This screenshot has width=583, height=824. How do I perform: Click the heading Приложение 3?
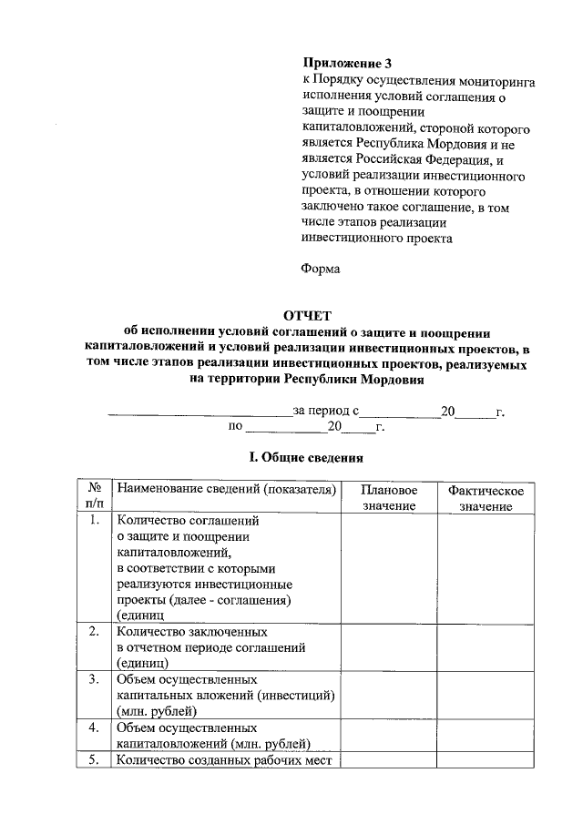click(x=347, y=65)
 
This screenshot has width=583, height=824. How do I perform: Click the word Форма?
click(x=321, y=269)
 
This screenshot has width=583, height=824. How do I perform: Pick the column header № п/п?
click(x=93, y=498)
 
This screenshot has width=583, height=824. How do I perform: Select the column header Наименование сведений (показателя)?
click(x=226, y=491)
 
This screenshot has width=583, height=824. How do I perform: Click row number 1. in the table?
click(x=93, y=522)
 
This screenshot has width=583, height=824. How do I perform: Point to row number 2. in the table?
click(x=93, y=631)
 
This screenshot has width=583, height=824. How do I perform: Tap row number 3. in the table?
click(x=93, y=679)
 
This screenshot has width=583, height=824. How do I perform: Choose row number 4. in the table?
click(x=93, y=728)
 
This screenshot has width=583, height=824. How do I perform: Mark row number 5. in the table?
click(x=93, y=760)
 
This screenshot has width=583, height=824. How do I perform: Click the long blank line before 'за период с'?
click(x=199, y=414)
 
